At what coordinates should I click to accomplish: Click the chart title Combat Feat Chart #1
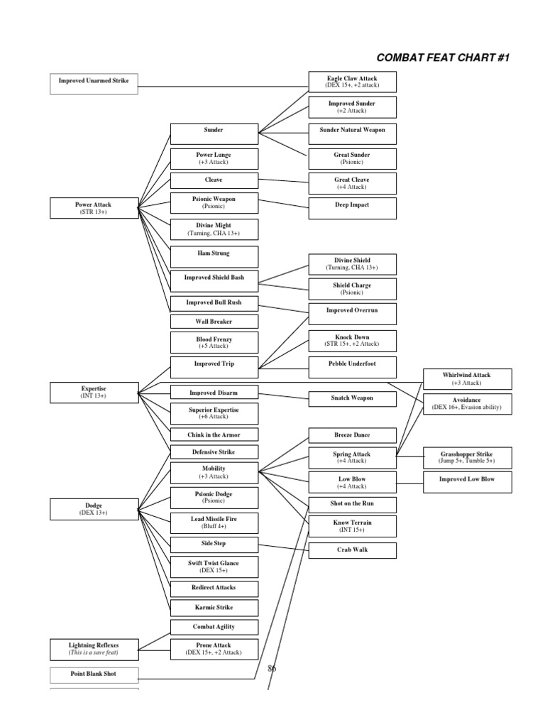coord(443,58)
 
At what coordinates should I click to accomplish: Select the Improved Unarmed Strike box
coord(94,82)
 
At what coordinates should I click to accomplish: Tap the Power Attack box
coord(94,208)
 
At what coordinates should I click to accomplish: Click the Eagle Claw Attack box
coord(352,82)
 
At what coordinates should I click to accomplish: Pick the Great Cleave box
coord(352,183)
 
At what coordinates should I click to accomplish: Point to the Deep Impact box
coord(352,205)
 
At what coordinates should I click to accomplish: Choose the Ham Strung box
coord(213,253)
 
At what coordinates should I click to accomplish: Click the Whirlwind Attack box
coord(466,378)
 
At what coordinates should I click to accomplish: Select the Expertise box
coord(94,393)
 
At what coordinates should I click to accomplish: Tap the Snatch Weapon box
coord(352,398)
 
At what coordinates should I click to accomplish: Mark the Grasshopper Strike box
coord(466,457)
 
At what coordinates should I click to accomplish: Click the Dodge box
coord(94,508)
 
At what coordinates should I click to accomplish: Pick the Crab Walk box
coord(352,550)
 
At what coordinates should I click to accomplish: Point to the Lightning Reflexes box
coord(94,648)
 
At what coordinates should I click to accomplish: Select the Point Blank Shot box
coord(94,673)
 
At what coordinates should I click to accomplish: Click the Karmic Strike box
coord(213,608)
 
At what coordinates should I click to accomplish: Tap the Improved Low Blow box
coord(466,480)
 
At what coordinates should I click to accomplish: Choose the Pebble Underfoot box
coord(352,363)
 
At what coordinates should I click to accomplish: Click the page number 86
coord(272,668)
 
